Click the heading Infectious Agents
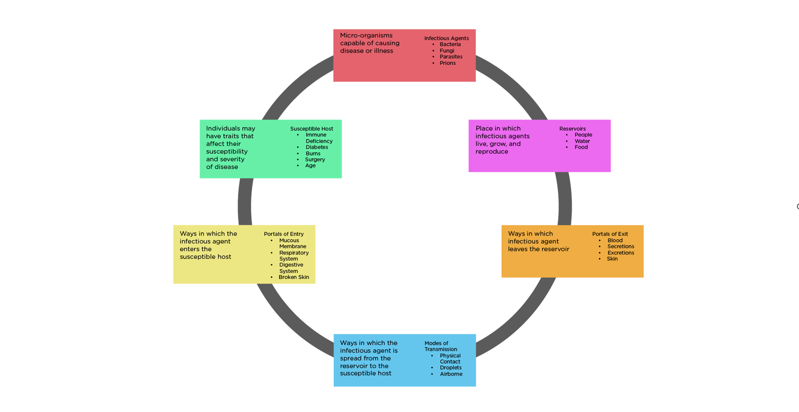pos(446,38)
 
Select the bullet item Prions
pos(447,63)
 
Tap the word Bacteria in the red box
pos(450,44)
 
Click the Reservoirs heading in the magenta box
pos(572,129)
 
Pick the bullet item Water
pos(582,141)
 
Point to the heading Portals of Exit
pos(610,234)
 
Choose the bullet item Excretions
pos(620,253)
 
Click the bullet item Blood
pos(615,240)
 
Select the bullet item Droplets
pos(450,368)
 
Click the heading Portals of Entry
pos(284,234)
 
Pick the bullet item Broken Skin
pos(293,277)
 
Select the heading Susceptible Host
pos(311,129)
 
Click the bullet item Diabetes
pos(317,147)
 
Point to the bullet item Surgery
pos(315,160)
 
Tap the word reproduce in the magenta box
pos(492,152)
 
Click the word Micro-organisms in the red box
pos(366,35)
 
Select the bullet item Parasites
pos(451,57)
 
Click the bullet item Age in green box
pos(310,166)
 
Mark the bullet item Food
pos(581,147)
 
